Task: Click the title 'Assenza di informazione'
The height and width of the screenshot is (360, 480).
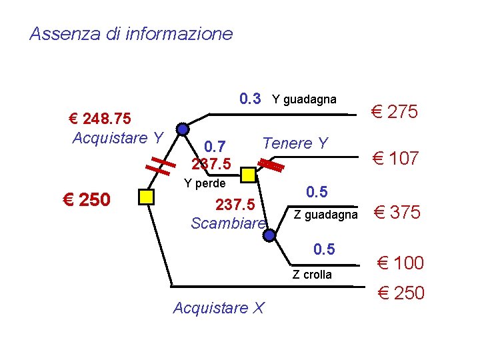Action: coord(131,33)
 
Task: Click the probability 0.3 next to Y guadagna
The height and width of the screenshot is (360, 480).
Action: coord(250,99)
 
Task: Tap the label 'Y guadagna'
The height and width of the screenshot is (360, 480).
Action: coord(304,100)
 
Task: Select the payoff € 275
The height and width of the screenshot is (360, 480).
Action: coord(395,112)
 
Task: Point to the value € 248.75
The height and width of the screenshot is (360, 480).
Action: coord(100,119)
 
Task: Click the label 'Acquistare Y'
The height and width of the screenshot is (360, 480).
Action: coord(117,138)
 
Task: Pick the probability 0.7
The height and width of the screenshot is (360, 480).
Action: coord(215,146)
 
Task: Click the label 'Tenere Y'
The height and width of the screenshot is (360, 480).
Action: coord(295,143)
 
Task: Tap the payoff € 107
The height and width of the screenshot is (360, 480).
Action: coord(395,158)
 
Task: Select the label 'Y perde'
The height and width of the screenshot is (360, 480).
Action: coord(205,183)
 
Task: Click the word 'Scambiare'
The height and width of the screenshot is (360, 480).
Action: coord(228,223)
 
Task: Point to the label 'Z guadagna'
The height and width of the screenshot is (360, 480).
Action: coord(325,214)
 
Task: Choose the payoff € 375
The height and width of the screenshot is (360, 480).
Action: coord(397,213)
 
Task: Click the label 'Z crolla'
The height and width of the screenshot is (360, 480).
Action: coord(312,275)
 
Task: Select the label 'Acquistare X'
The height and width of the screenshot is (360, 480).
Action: coord(219,307)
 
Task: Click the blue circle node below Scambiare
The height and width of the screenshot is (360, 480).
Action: coord(269,235)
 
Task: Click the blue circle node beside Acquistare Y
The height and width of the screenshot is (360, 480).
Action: coord(183,129)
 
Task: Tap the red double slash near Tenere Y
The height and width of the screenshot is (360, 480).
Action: coord(271,163)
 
